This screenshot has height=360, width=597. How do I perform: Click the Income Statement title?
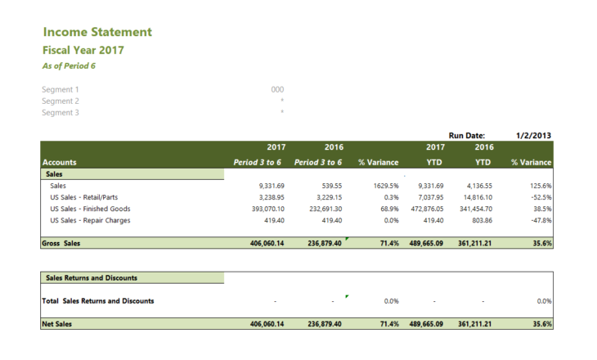point(97,32)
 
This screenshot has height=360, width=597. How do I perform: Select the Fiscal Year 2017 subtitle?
point(83,50)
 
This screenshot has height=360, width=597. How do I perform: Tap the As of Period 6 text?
point(69,65)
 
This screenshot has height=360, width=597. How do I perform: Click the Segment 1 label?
point(61,89)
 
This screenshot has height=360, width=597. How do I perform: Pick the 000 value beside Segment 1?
point(277,89)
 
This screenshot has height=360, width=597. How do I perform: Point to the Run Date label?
point(467,135)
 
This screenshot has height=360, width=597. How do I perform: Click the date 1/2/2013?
point(533,135)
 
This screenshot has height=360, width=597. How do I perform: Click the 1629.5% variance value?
point(386,186)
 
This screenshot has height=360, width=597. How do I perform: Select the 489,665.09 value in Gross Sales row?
point(425,243)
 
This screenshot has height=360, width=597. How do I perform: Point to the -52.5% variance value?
point(540,197)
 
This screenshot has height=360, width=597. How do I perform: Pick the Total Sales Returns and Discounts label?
point(98,301)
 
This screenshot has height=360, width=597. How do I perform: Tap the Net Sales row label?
point(58,324)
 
